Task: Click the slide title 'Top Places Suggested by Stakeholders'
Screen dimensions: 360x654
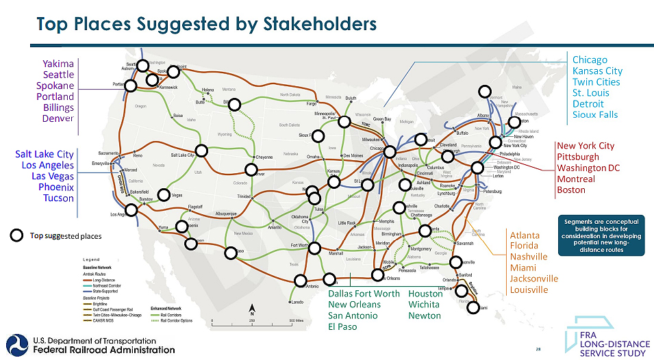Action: click(206, 24)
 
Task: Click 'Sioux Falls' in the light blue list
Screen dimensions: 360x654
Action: click(594, 114)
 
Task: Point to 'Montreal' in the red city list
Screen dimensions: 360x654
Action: click(576, 179)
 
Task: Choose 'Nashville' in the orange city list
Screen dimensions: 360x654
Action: click(529, 257)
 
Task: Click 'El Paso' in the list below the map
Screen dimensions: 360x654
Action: click(343, 326)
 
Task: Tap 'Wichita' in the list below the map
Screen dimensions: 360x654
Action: click(425, 305)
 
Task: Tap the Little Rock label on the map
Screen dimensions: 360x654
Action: click(347, 223)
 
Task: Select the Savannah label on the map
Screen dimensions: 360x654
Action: click(464, 243)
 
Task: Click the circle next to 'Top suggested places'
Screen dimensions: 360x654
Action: click(16, 236)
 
